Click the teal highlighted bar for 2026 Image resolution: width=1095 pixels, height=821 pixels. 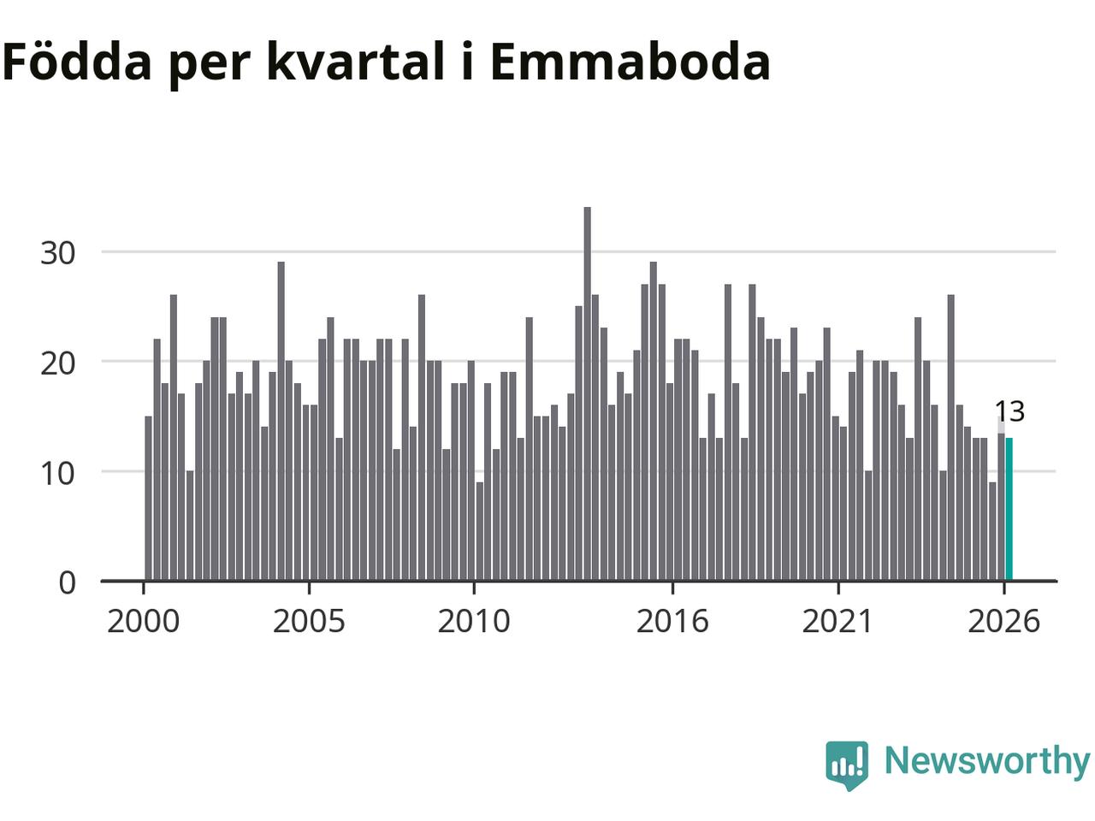pos(1009,509)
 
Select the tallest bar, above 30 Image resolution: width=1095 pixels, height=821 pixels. pos(587,393)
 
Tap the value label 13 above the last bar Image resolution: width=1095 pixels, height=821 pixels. pos(1009,411)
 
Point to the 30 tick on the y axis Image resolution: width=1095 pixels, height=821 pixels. pos(57,253)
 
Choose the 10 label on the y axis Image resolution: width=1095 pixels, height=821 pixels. pos(57,473)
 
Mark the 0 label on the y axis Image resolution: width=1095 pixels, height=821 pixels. pos(68,582)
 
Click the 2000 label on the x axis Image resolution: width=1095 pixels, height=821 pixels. pos(143,622)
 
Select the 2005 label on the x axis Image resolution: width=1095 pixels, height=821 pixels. pos(309,622)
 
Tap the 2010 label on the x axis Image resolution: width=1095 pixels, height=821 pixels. pos(474,622)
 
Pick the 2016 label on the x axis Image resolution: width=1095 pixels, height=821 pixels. pos(672,622)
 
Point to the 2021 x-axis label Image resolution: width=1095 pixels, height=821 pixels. pos(838,622)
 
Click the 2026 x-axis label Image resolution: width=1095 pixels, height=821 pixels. pos(1003,622)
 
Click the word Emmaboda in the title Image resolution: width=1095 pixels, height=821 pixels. pos(630,61)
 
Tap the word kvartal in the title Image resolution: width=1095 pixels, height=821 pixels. pos(356,61)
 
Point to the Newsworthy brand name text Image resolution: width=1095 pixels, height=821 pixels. pos(987,761)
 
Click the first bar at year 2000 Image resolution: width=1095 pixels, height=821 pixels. pos(148,498)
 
